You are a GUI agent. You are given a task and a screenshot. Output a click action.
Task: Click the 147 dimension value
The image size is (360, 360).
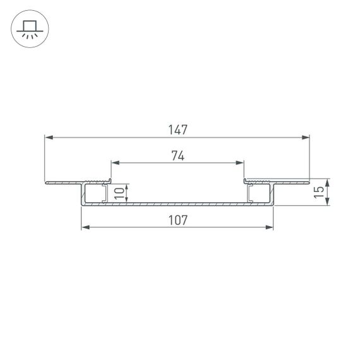tap(177, 129)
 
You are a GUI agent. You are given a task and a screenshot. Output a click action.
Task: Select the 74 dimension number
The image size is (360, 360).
tap(177, 157)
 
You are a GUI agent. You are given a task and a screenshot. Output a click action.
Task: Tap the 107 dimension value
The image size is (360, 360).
tap(177, 220)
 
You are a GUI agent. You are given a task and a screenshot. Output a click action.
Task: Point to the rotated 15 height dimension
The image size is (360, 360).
tap(321, 191)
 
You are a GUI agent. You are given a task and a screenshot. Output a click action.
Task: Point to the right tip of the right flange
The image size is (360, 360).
tap(309, 183)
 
